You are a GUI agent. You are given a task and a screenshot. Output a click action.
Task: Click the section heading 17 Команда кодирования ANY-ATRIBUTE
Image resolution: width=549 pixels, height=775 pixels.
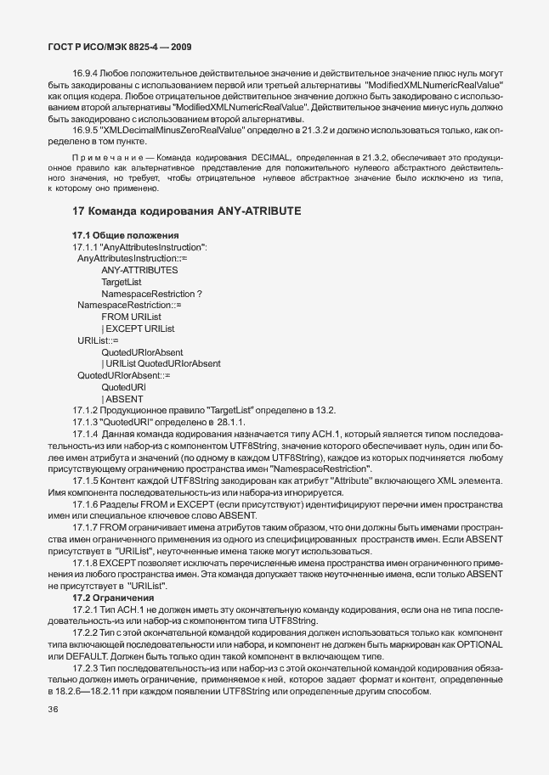pyautogui.click(x=187, y=211)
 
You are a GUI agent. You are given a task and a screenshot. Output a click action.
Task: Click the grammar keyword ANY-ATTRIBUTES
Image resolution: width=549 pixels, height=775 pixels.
pyautogui.click(x=139, y=270)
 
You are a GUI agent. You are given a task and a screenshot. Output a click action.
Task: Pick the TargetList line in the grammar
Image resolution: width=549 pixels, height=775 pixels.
pyautogui.click(x=122, y=281)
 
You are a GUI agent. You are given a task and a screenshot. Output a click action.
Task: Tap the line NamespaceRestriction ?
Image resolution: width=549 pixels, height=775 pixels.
pyautogui.click(x=151, y=293)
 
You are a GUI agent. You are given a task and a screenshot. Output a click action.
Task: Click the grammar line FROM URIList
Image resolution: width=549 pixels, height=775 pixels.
pyautogui.click(x=131, y=317)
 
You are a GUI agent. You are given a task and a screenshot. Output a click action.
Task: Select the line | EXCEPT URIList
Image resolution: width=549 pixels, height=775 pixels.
pyautogui.click(x=138, y=329)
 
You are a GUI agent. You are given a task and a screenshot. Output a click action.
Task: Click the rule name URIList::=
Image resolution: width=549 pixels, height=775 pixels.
pyautogui.click(x=98, y=340)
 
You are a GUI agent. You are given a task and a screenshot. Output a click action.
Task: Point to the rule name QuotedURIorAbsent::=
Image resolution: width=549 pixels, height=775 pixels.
pyautogui.click(x=124, y=375)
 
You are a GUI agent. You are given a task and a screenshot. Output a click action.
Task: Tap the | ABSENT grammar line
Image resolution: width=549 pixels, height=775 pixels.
pyautogui.click(x=122, y=399)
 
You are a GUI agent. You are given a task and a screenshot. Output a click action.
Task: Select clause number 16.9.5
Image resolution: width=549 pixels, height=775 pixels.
pyautogui.click(x=87, y=129)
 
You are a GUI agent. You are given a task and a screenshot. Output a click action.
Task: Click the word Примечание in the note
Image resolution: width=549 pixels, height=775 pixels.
pyautogui.click(x=99, y=159)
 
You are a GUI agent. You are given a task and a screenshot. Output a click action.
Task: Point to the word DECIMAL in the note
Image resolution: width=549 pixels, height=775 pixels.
pyautogui.click(x=271, y=159)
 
